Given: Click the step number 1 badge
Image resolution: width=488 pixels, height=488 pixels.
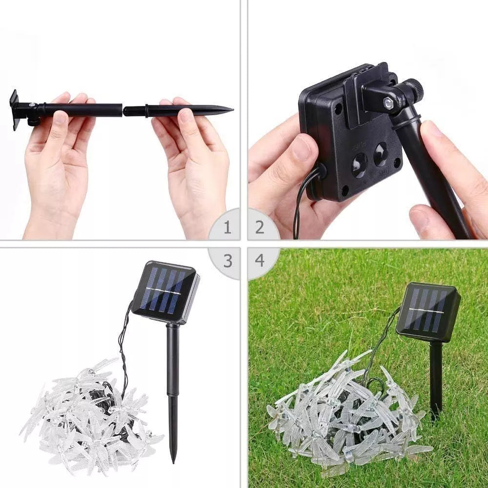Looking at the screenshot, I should coord(227,227).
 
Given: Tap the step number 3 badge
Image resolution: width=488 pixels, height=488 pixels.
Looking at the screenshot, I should coord(227,261).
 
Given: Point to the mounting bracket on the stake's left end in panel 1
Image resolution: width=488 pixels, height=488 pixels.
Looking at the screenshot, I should coord(15,109).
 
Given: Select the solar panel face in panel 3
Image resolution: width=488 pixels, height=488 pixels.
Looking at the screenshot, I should coord(164,290).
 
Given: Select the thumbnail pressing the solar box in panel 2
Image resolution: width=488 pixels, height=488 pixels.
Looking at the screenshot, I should coord(301,148).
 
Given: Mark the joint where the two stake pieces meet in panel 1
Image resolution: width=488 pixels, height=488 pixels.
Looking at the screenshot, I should coord(122,110).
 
